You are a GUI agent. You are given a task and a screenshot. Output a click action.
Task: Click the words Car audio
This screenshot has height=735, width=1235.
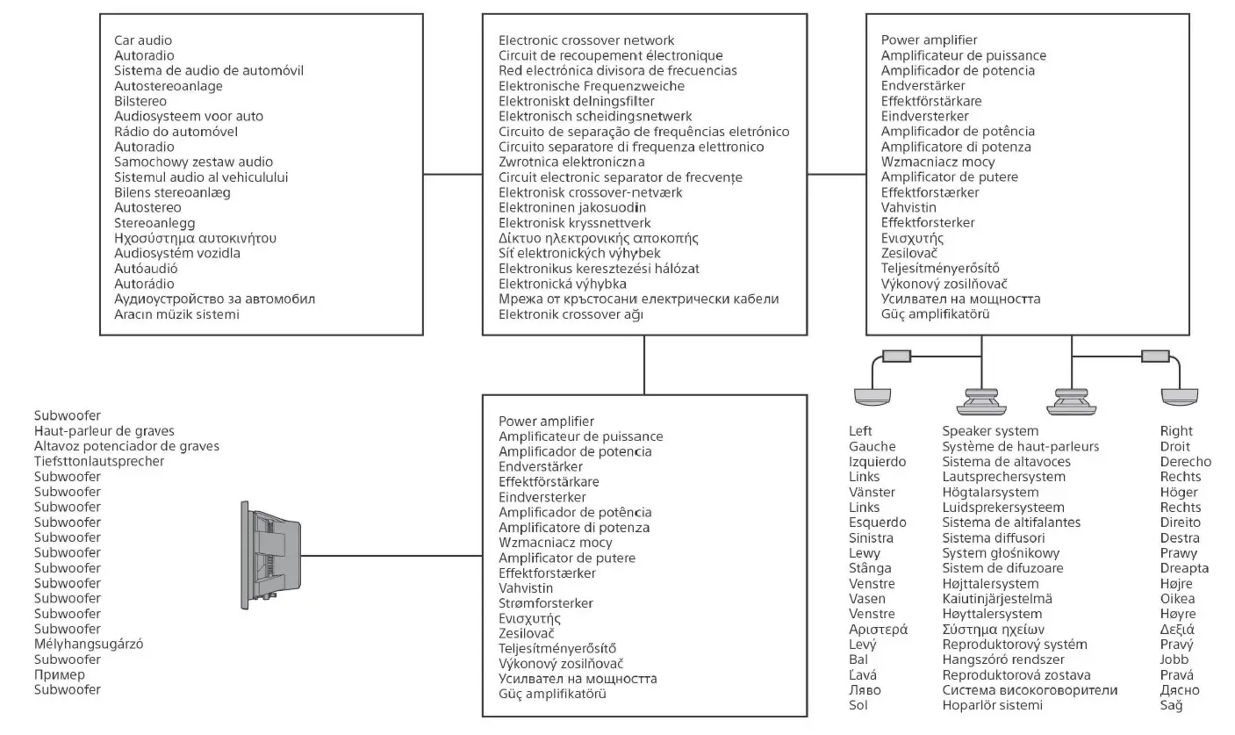point(143,40)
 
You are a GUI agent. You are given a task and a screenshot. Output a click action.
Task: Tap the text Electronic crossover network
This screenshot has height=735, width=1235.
point(586,40)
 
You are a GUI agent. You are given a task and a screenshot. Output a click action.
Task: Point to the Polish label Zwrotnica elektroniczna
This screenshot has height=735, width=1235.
point(571,162)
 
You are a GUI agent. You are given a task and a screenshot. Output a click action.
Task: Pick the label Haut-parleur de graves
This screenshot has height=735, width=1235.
point(104,430)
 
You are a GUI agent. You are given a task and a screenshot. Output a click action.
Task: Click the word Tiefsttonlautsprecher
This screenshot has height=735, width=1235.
point(99,461)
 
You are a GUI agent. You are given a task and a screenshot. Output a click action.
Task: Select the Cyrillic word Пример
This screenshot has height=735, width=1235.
point(60,674)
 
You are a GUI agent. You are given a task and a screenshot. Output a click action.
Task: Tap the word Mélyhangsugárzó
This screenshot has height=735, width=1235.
point(89,644)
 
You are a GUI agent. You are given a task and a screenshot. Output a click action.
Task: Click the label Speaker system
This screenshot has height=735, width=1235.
point(990,431)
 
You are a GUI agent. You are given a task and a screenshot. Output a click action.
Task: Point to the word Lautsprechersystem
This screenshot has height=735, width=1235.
point(1003,477)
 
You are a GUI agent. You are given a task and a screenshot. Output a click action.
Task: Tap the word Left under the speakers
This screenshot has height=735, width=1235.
point(861,431)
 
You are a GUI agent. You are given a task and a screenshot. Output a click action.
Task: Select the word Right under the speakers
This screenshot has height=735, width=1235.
point(1176,431)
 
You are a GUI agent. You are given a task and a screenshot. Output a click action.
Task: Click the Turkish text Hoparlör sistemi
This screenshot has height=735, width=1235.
point(993,705)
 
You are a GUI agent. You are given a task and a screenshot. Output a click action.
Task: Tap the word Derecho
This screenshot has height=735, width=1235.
point(1185,462)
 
